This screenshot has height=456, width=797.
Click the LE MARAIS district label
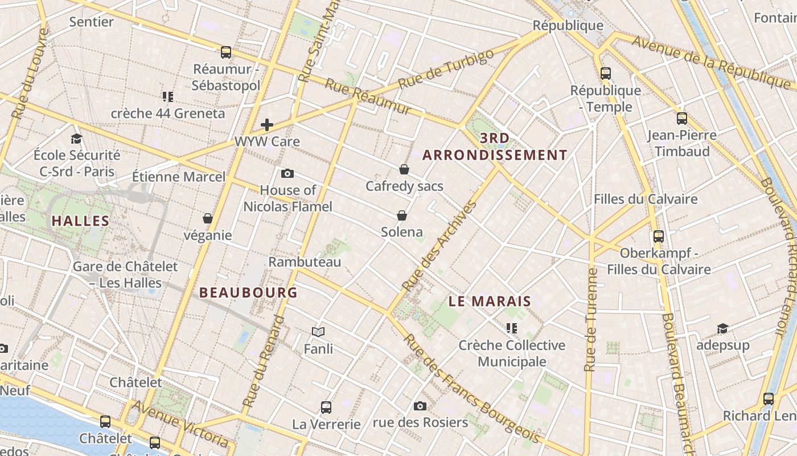click(x=490, y=302)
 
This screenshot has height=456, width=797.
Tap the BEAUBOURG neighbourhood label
click(x=248, y=292)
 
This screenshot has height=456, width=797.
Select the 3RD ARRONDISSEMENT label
click(x=495, y=146)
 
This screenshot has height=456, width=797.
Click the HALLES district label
click(x=80, y=221)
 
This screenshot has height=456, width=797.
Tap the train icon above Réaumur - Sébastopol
click(x=226, y=52)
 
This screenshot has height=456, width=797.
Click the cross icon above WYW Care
click(x=267, y=125)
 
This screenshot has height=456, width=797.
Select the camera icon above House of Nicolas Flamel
click(x=287, y=173)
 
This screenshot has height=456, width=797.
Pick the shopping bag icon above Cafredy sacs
click(x=404, y=169)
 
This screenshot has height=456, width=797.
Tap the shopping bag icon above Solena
click(x=402, y=215)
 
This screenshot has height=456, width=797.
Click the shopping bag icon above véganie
click(x=208, y=218)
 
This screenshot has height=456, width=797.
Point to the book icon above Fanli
click(x=318, y=332)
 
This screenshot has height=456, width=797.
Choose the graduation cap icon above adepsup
click(x=722, y=328)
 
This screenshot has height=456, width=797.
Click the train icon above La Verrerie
click(x=326, y=408)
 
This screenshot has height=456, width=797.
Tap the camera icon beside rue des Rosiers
click(x=420, y=406)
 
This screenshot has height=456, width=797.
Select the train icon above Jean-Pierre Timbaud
click(x=682, y=119)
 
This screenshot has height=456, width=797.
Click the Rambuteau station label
click(x=305, y=262)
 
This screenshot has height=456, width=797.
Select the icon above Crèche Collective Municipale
click(x=512, y=328)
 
